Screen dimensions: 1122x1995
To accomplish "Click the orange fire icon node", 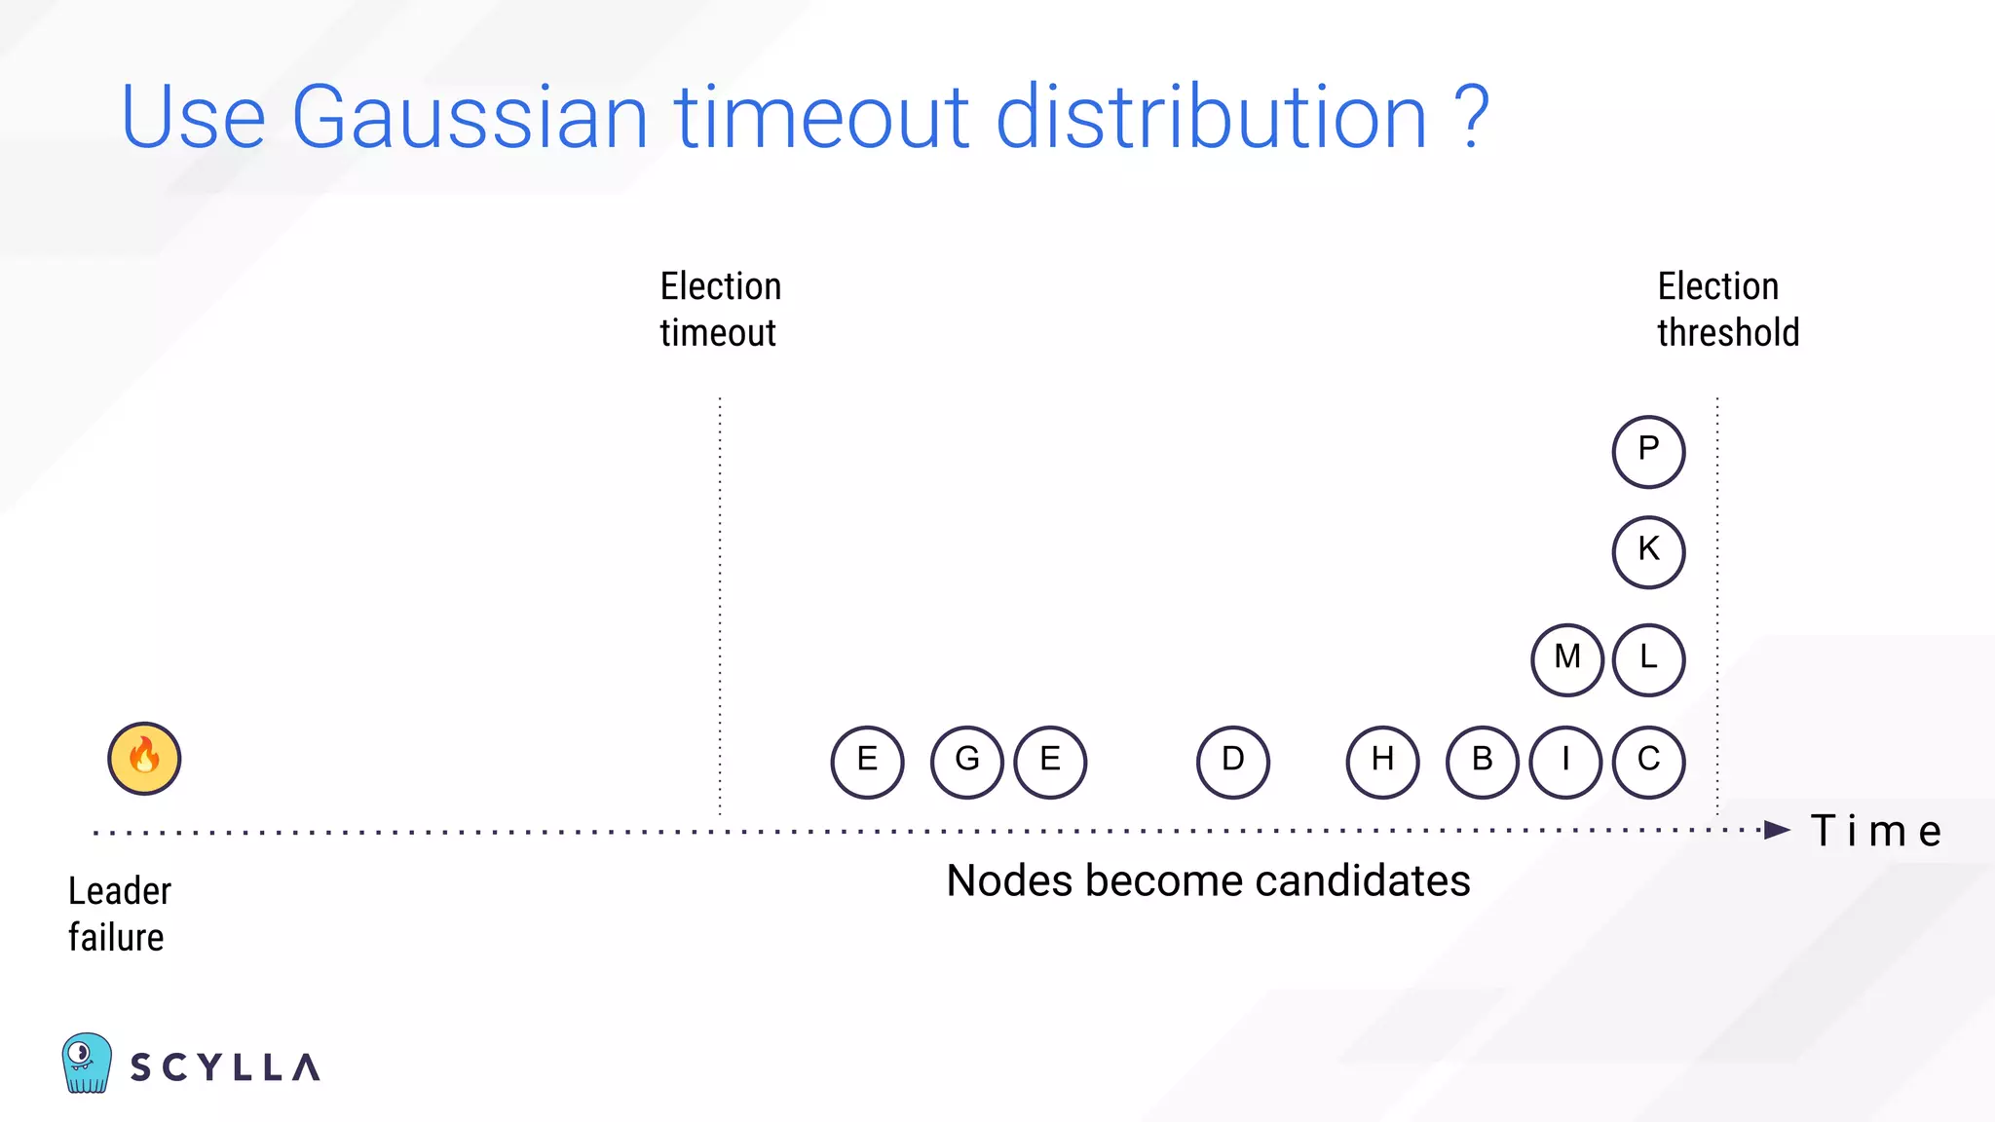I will (144, 759).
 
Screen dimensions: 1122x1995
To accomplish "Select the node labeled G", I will (966, 762).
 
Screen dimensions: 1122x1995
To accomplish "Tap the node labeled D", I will (1232, 762).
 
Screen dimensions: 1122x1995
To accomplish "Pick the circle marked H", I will (1382, 762).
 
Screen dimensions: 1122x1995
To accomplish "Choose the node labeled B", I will (1482, 762).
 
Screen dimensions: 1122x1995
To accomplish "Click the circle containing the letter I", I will (1565, 762).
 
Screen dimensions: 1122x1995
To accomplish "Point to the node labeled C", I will (1648, 762).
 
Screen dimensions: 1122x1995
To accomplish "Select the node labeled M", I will (1566, 659).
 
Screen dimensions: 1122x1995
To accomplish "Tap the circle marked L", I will (1648, 659).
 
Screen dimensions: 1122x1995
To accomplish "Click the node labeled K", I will (1648, 552).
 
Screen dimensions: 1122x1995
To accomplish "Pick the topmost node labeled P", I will (1648, 451).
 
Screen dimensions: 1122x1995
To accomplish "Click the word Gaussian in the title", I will (469, 118).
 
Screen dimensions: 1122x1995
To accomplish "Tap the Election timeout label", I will (720, 310).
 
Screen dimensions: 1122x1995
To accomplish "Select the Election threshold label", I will (1727, 310).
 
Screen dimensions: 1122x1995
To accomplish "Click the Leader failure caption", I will (119, 914).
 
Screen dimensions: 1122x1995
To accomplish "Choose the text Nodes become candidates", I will (1208, 881).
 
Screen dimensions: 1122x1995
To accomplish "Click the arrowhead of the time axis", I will (1777, 831).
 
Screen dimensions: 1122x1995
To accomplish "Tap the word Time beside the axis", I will (1875, 832).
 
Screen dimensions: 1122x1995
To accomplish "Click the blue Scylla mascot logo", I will (87, 1063).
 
